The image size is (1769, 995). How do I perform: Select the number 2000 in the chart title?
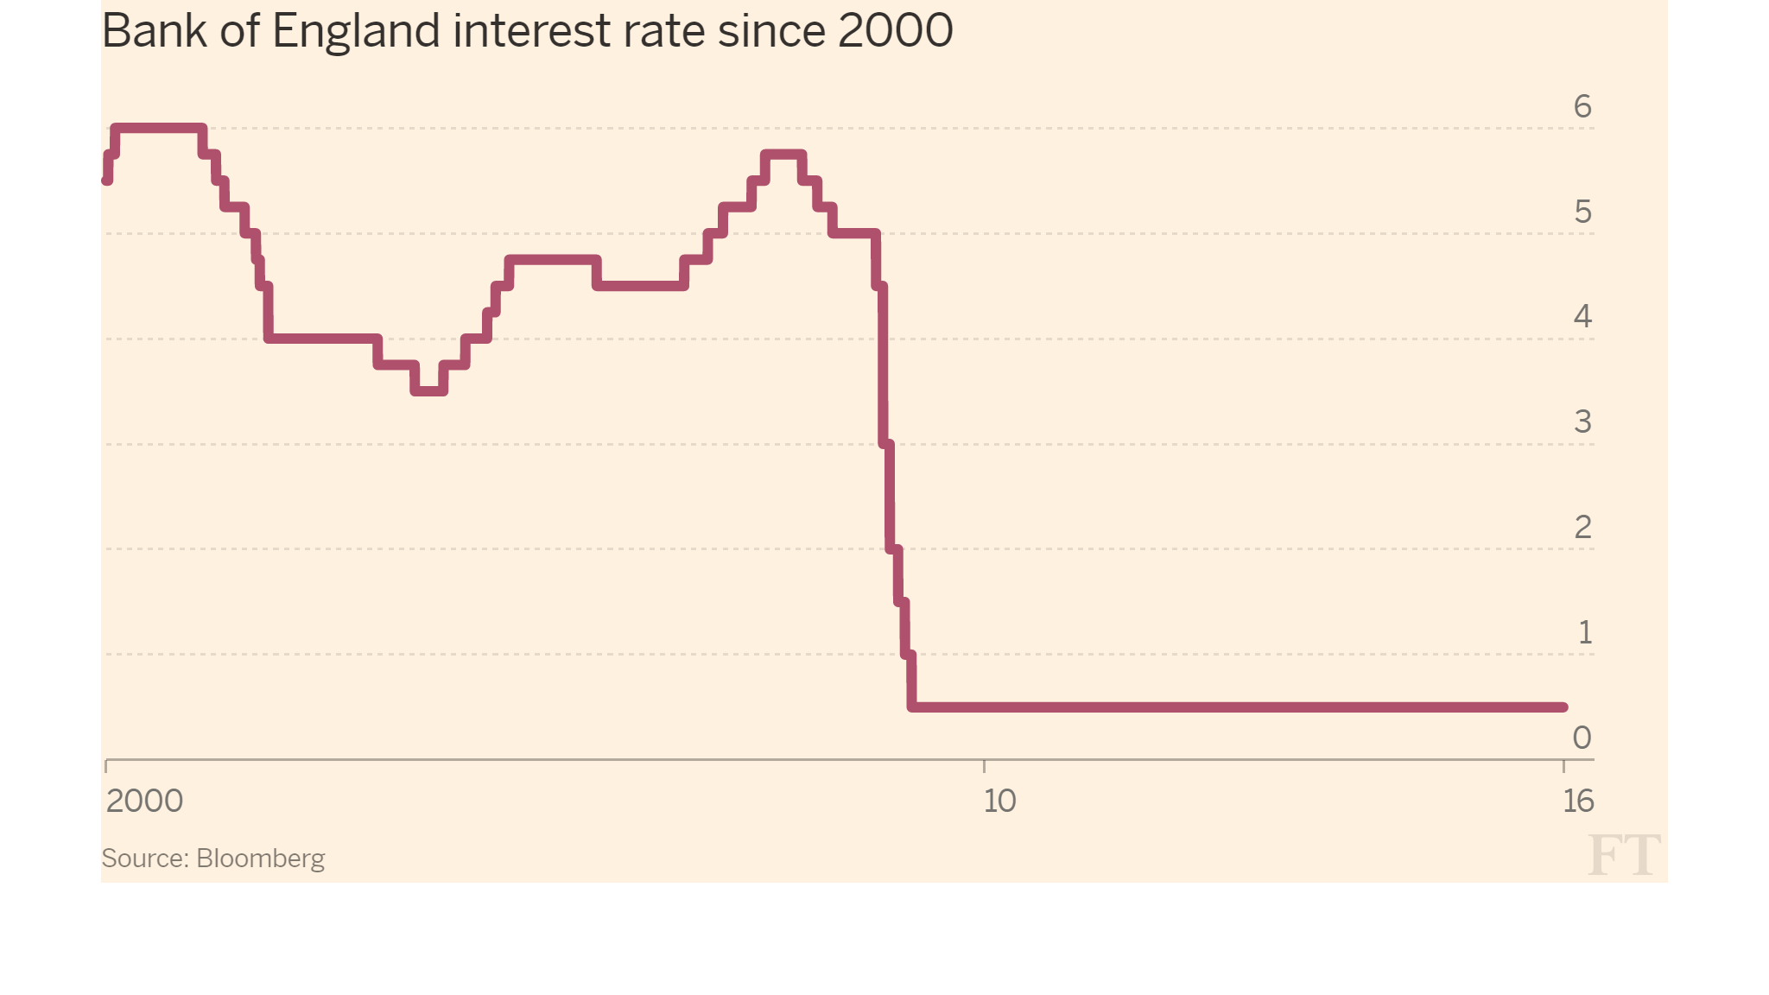[895, 31]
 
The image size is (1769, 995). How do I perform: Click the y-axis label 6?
[1582, 106]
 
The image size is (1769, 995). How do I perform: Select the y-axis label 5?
[1582, 212]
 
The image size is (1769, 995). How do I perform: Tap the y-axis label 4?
[1582, 316]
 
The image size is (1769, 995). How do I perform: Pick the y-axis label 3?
[1582, 421]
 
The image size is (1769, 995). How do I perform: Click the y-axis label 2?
[1582, 527]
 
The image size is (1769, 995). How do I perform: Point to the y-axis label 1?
[1584, 632]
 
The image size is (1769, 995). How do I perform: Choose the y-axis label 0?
[1582, 738]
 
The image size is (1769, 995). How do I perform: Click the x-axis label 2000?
[144, 801]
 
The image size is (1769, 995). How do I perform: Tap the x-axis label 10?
[999, 801]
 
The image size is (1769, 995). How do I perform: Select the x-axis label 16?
[1578, 801]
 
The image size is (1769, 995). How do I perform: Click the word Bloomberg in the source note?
[260, 859]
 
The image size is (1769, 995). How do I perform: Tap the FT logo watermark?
[1623, 855]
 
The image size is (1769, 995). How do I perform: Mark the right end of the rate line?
[1563, 707]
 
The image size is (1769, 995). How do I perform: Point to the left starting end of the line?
[107, 181]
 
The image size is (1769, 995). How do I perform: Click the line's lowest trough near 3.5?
[429, 391]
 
